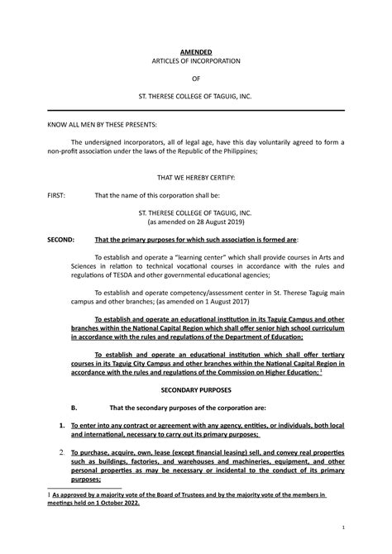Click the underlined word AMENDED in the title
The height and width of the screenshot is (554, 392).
(x=196, y=50)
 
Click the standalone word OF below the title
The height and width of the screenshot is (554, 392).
(x=196, y=79)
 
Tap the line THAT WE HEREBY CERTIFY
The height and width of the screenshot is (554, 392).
(x=196, y=178)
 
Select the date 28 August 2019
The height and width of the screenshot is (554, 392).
(x=217, y=222)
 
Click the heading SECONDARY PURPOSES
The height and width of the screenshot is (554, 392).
(x=195, y=388)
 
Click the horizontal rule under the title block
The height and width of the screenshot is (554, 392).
(x=196, y=110)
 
